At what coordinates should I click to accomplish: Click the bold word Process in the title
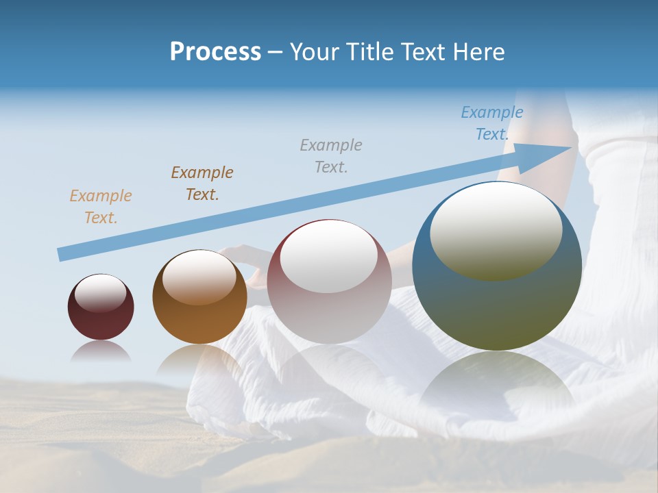(215, 52)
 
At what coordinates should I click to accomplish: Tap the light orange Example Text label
(101, 207)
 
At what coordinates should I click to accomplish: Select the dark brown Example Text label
(202, 183)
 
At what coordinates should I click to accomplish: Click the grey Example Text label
(331, 155)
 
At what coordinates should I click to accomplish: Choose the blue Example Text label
(491, 123)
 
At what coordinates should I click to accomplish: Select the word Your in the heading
(311, 52)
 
